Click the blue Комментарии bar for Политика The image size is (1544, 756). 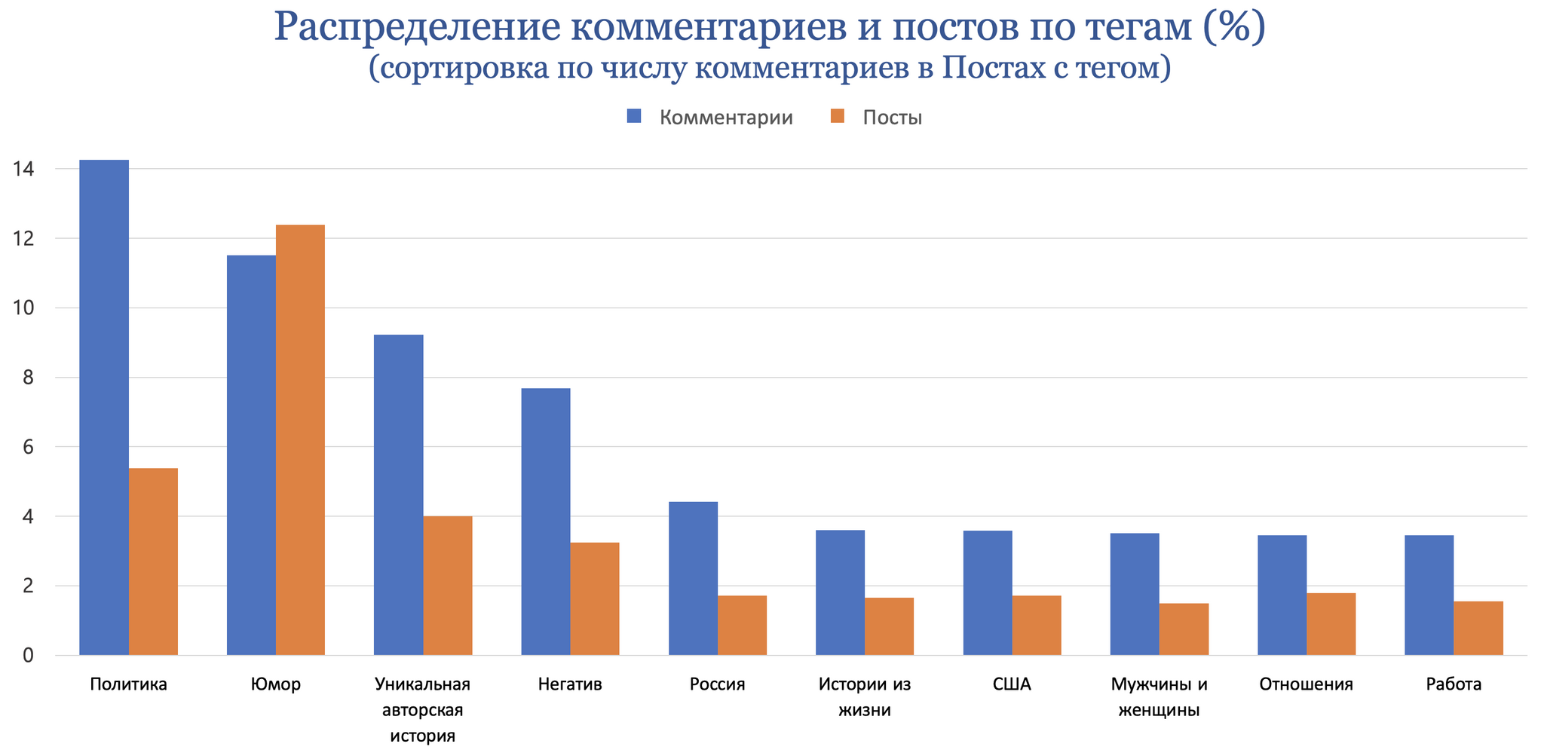(104, 407)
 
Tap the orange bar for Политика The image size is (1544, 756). (153, 562)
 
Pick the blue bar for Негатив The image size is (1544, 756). (546, 522)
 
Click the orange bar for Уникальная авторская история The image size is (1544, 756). (448, 586)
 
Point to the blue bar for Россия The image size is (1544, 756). (693, 578)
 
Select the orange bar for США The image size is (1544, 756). (1037, 625)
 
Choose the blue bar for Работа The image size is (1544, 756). (1429, 595)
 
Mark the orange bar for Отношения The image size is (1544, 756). (1331, 624)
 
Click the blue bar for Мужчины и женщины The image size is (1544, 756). (1135, 594)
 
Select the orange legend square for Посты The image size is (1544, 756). (836, 117)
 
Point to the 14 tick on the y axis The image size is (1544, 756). (23, 169)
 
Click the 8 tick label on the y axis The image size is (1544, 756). (28, 378)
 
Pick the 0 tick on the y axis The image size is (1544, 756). (28, 656)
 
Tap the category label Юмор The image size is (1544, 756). (276, 684)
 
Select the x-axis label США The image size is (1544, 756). (1012, 684)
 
